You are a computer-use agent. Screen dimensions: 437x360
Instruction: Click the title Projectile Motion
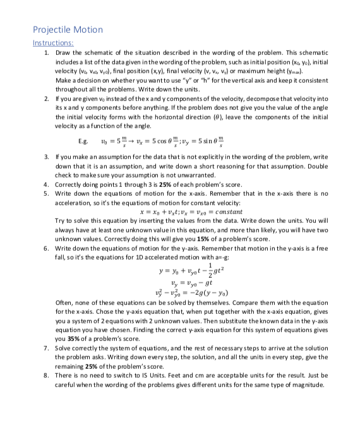click(68, 30)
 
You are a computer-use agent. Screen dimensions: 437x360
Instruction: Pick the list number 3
click(45, 155)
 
